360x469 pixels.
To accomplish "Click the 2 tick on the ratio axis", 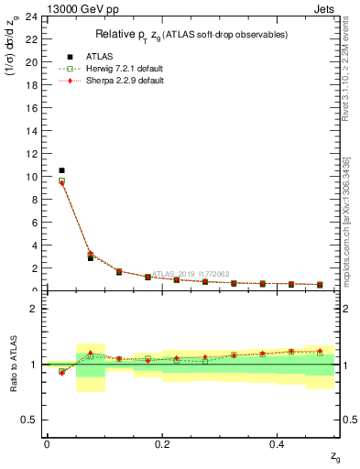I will (x=34, y=309).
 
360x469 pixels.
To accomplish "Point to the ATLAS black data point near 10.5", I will (x=61, y=170).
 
